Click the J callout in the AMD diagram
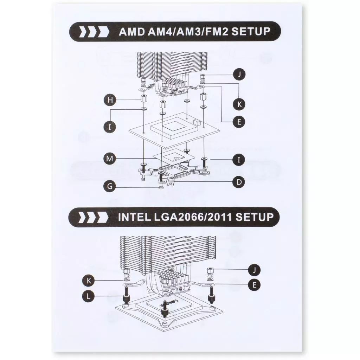[239, 75]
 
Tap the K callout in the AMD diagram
[239, 104]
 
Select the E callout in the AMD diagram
[239, 122]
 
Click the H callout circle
[110, 100]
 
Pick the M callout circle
[110, 159]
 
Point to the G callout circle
[110, 186]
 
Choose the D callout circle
[239, 182]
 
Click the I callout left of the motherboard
[110, 127]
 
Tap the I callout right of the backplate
[239, 159]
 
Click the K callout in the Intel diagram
[89, 281]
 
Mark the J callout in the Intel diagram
[255, 270]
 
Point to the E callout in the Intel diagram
[255, 285]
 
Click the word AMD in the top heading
[132, 31]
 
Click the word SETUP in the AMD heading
[251, 31]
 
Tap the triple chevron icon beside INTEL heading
[93, 217]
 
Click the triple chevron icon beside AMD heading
[94, 32]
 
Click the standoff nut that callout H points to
[143, 99]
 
